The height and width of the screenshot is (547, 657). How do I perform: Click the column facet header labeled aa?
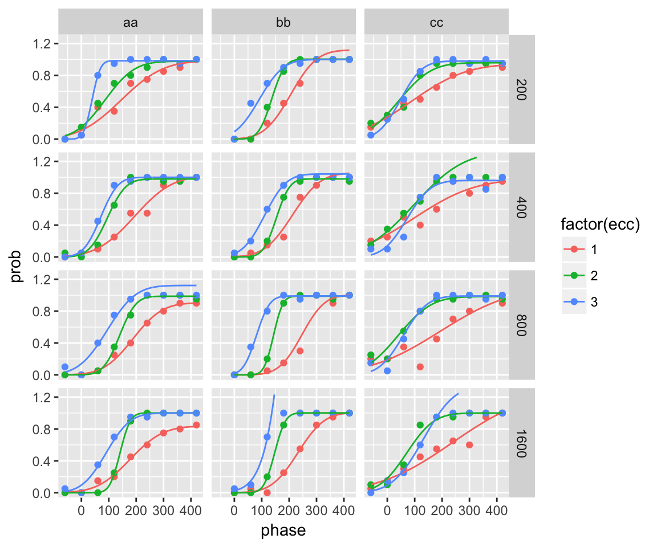(131, 23)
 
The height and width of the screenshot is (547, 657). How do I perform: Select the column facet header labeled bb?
(283, 23)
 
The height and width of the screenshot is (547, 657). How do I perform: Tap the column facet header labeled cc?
(436, 23)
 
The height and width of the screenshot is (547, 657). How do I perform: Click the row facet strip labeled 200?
(522, 89)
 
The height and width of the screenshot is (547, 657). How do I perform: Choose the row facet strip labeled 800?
(522, 325)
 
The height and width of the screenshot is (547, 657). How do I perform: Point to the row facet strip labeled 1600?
(522, 443)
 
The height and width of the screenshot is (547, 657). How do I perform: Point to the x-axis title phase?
(283, 530)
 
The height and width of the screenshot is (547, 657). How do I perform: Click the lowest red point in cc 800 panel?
(420, 366)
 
